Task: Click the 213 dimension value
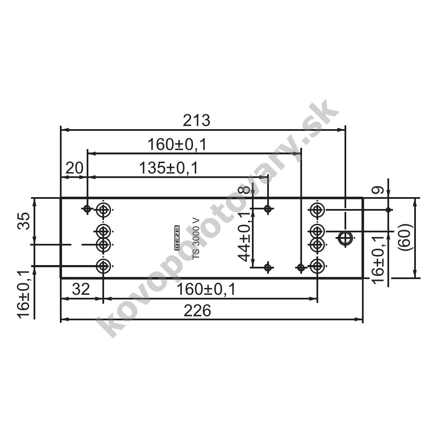(x=197, y=121)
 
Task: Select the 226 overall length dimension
(x=197, y=311)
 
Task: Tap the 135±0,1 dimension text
(x=169, y=168)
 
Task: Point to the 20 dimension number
(x=74, y=168)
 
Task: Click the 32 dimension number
(x=81, y=289)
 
